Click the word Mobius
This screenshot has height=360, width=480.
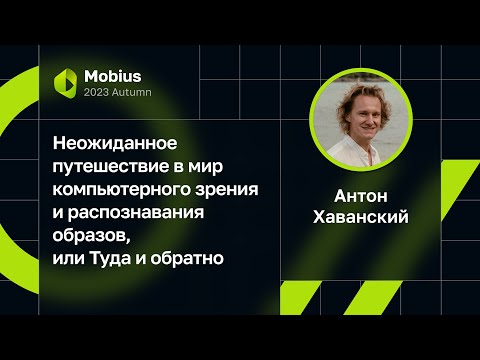click(x=113, y=76)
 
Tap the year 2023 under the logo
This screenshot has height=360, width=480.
click(x=99, y=93)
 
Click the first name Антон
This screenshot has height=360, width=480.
click(x=361, y=196)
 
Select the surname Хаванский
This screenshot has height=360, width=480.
click(x=361, y=218)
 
